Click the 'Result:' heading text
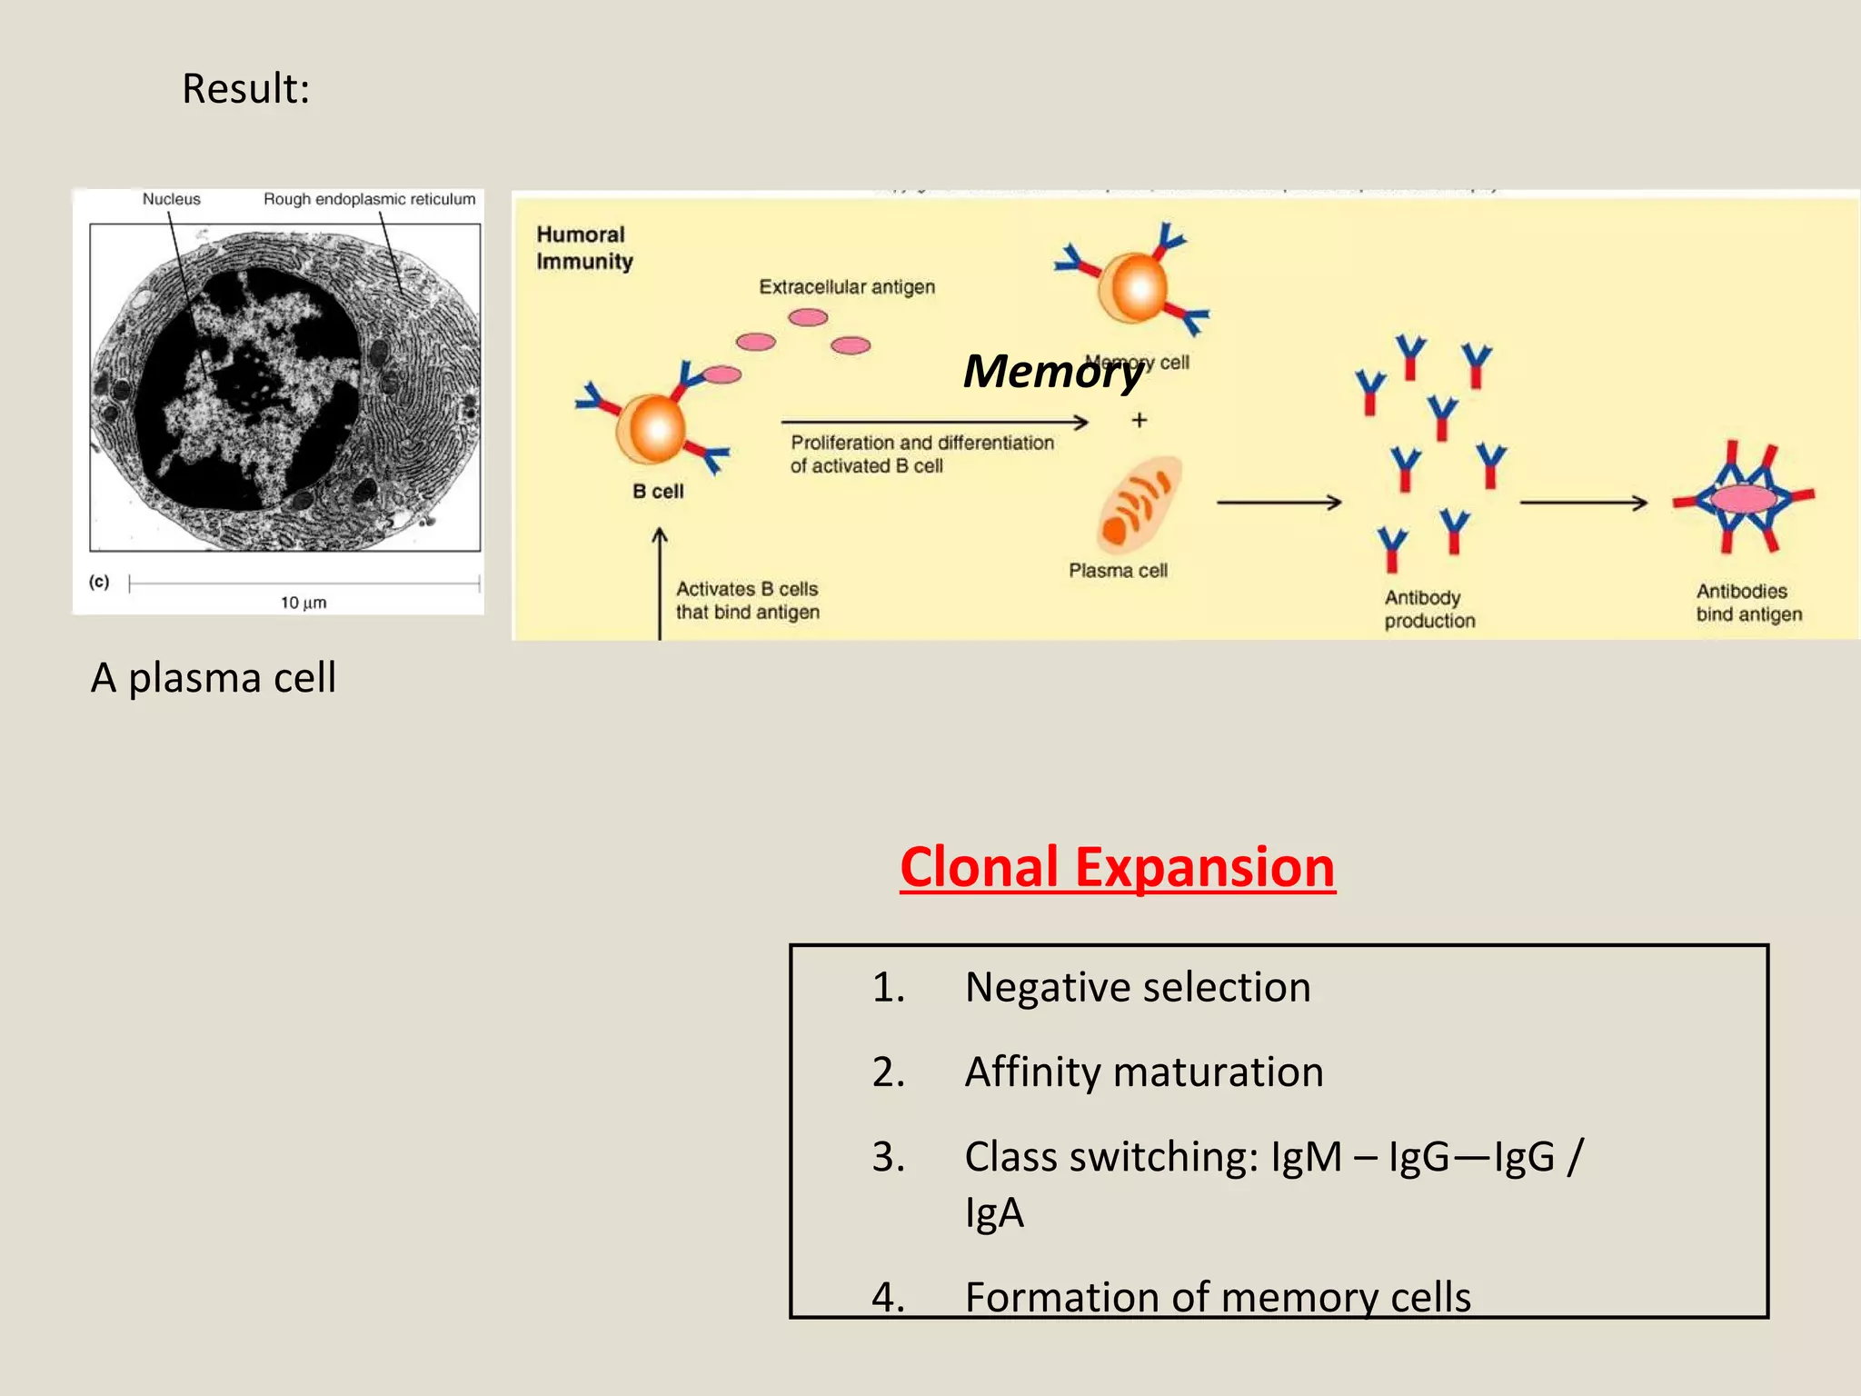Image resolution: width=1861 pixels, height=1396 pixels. point(245,89)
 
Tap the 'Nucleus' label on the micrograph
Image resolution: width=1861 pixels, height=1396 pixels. point(171,199)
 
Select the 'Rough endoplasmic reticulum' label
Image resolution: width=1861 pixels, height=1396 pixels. point(369,199)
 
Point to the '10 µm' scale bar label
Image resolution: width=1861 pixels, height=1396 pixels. point(303,603)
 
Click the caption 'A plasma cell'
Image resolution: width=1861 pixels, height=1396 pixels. point(214,678)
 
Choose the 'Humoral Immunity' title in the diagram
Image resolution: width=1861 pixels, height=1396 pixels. point(583,248)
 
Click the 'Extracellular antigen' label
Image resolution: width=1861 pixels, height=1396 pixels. point(847,287)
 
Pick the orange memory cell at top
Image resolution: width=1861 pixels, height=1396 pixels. point(1133,286)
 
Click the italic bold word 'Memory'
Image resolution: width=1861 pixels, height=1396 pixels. point(1052,371)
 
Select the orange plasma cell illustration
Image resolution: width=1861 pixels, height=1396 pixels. point(1139,505)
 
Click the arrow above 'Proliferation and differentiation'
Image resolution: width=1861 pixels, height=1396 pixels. point(934,422)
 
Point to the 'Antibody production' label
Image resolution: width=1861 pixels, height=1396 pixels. point(1429,609)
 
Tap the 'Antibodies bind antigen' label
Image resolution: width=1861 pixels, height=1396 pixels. point(1748,603)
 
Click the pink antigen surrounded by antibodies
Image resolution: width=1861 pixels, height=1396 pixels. point(1744,499)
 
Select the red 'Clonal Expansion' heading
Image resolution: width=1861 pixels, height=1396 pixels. point(1118,867)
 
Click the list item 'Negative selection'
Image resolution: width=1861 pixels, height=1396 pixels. point(1138,987)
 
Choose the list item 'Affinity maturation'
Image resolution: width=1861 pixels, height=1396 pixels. point(1144,1072)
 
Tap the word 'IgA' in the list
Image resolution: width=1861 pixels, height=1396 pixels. point(994,1213)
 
